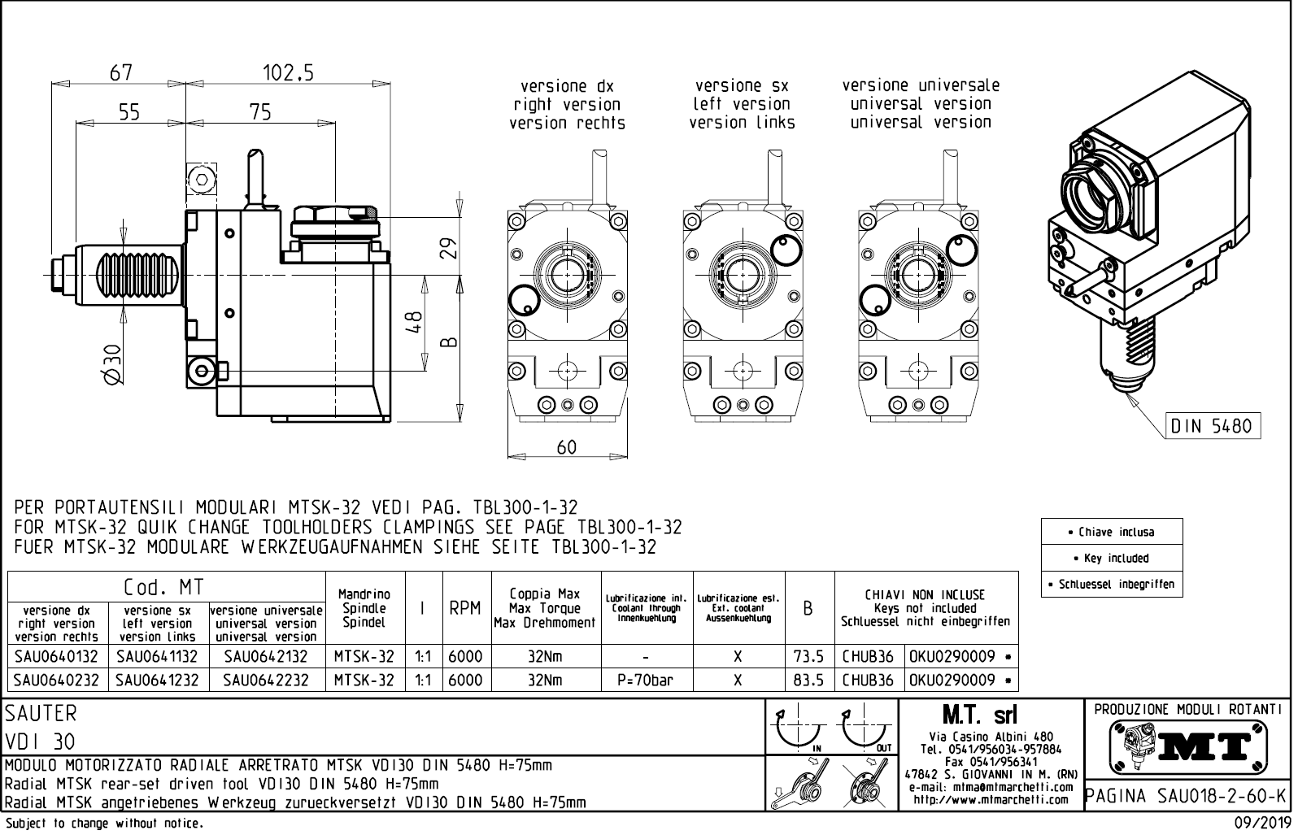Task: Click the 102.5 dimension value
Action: (x=287, y=73)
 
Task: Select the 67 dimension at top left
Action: (x=121, y=73)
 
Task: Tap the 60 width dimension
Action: (x=566, y=446)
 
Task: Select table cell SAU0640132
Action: (x=57, y=657)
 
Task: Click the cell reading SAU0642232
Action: (x=266, y=681)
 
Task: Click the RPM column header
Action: (x=465, y=608)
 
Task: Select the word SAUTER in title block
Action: (x=41, y=714)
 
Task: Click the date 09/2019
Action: (x=1262, y=824)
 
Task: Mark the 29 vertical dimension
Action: (x=448, y=246)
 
